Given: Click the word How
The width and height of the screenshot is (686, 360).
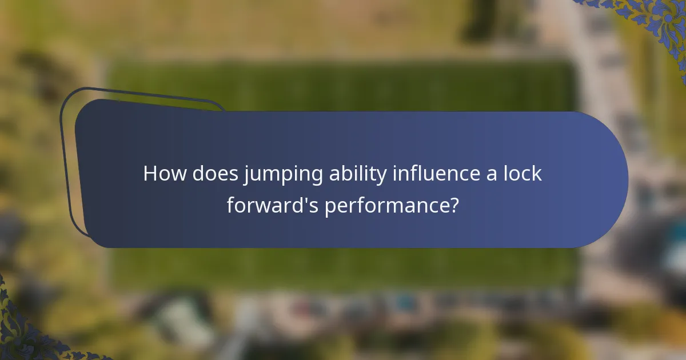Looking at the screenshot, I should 164,174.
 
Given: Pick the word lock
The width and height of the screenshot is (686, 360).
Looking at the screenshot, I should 521,174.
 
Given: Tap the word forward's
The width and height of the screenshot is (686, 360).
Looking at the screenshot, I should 273,205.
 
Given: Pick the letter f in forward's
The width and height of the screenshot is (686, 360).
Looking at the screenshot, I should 230,204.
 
